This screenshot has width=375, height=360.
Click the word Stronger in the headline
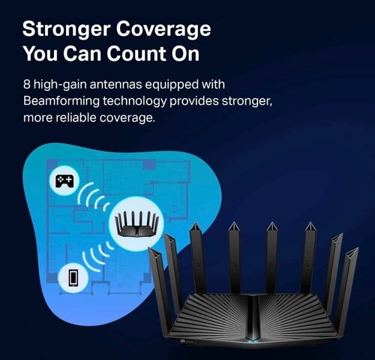(67, 30)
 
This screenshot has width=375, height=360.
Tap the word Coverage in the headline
(163, 29)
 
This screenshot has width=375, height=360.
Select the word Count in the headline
(136, 53)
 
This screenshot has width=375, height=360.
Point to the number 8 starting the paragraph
(27, 84)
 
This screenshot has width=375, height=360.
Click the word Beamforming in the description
(61, 101)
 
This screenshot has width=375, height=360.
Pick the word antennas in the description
(115, 84)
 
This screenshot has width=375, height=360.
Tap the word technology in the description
(134, 101)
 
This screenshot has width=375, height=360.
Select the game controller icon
(64, 181)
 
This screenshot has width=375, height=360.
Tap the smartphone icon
(73, 277)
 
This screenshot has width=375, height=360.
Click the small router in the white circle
(136, 223)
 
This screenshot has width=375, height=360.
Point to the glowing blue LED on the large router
(253, 339)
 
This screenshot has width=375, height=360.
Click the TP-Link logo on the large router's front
(185, 341)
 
